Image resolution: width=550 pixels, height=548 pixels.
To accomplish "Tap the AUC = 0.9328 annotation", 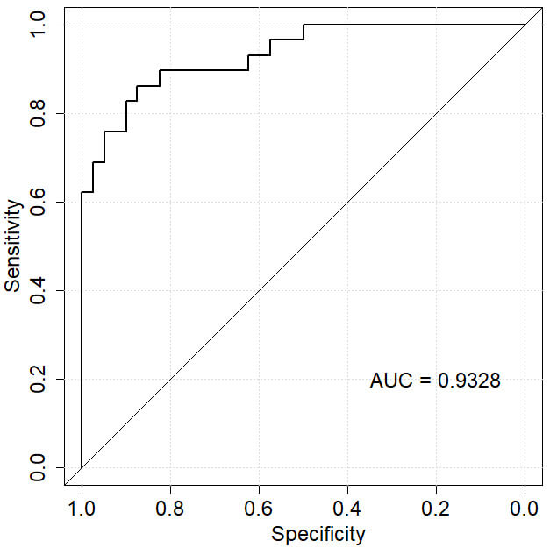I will pos(435,381).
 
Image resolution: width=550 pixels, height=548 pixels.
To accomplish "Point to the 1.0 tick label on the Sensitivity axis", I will pos(38,25).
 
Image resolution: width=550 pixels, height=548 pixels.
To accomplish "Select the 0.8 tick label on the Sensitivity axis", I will pos(38,113).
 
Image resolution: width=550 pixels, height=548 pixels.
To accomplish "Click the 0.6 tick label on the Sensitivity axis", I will pos(38,202).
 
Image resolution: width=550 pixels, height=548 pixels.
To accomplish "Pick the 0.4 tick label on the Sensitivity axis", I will pos(38,290).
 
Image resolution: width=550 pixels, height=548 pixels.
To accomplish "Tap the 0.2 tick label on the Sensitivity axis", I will pos(38,379).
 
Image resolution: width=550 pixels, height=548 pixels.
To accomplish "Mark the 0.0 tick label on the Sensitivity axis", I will pos(38,467).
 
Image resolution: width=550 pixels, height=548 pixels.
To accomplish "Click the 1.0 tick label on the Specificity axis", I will pos(82,508).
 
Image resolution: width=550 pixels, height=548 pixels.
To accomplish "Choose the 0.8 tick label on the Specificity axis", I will pos(170,508).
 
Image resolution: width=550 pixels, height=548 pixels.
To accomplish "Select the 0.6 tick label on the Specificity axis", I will pos(259,508).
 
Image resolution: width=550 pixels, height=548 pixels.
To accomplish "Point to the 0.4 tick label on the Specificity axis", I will pos(347,508).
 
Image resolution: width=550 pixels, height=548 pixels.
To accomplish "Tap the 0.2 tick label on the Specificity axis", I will pos(436,508).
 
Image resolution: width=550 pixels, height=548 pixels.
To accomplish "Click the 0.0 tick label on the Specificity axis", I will pos(525,508).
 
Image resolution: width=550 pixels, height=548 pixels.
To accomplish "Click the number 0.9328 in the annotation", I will pos(469,381).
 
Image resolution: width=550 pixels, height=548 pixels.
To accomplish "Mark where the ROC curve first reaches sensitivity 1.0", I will pos(304,25).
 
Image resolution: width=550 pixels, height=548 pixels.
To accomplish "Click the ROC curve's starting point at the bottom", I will pos(82,467).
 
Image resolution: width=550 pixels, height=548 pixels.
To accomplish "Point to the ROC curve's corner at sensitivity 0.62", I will pos(82,192).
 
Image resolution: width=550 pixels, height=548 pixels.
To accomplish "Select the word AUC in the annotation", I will pos(387,381).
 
